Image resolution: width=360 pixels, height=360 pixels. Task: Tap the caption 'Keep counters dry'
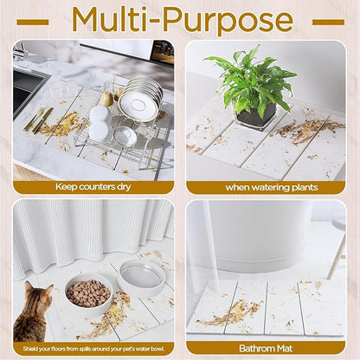(x=93, y=186)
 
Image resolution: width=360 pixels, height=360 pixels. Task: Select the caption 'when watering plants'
(x=266, y=186)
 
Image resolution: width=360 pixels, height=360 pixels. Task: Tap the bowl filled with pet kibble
(x=87, y=293)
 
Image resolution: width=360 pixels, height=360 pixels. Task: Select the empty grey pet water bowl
(x=142, y=276)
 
